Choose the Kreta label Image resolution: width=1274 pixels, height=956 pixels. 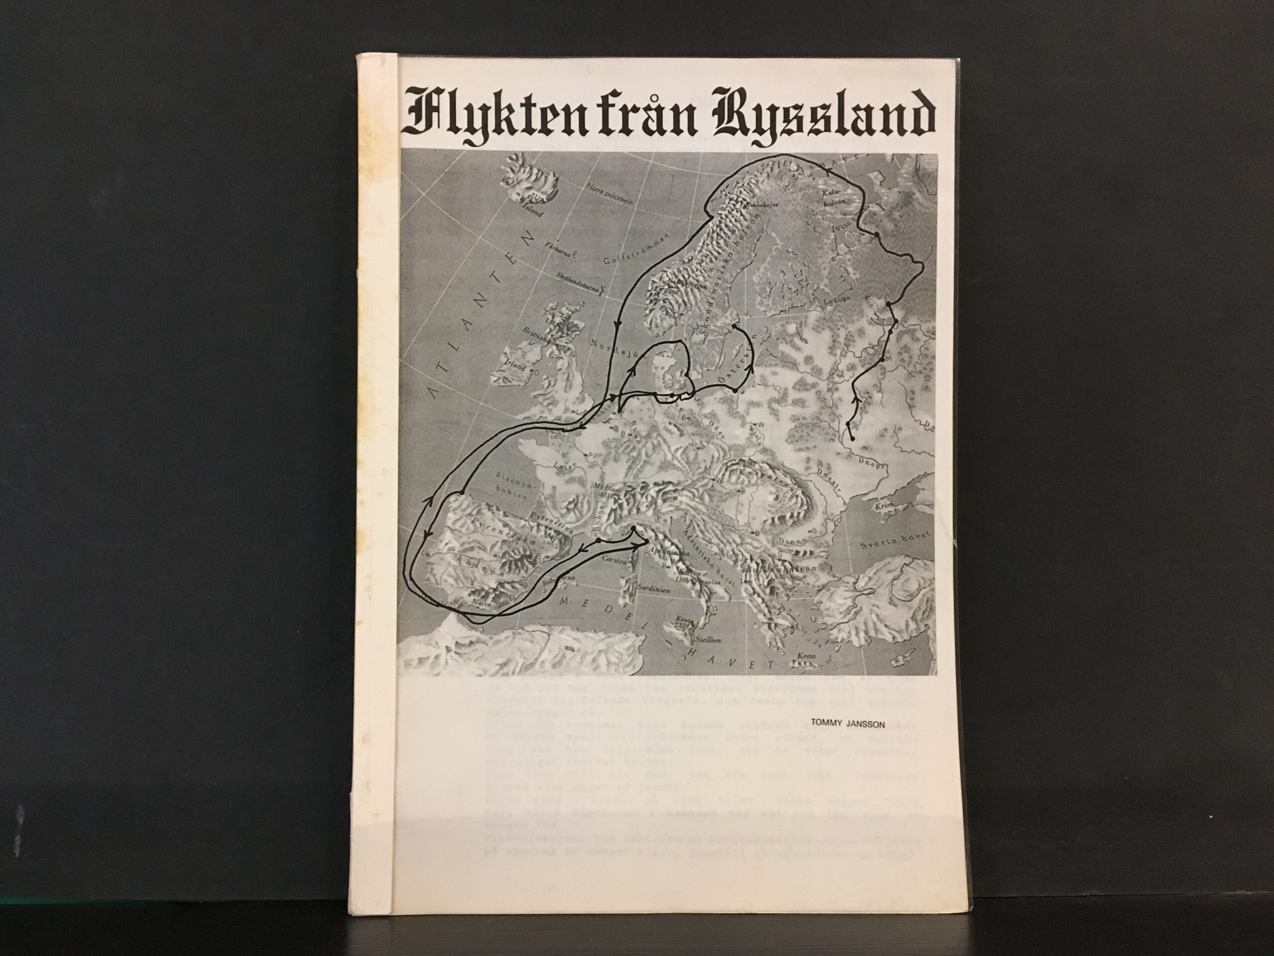806,656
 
